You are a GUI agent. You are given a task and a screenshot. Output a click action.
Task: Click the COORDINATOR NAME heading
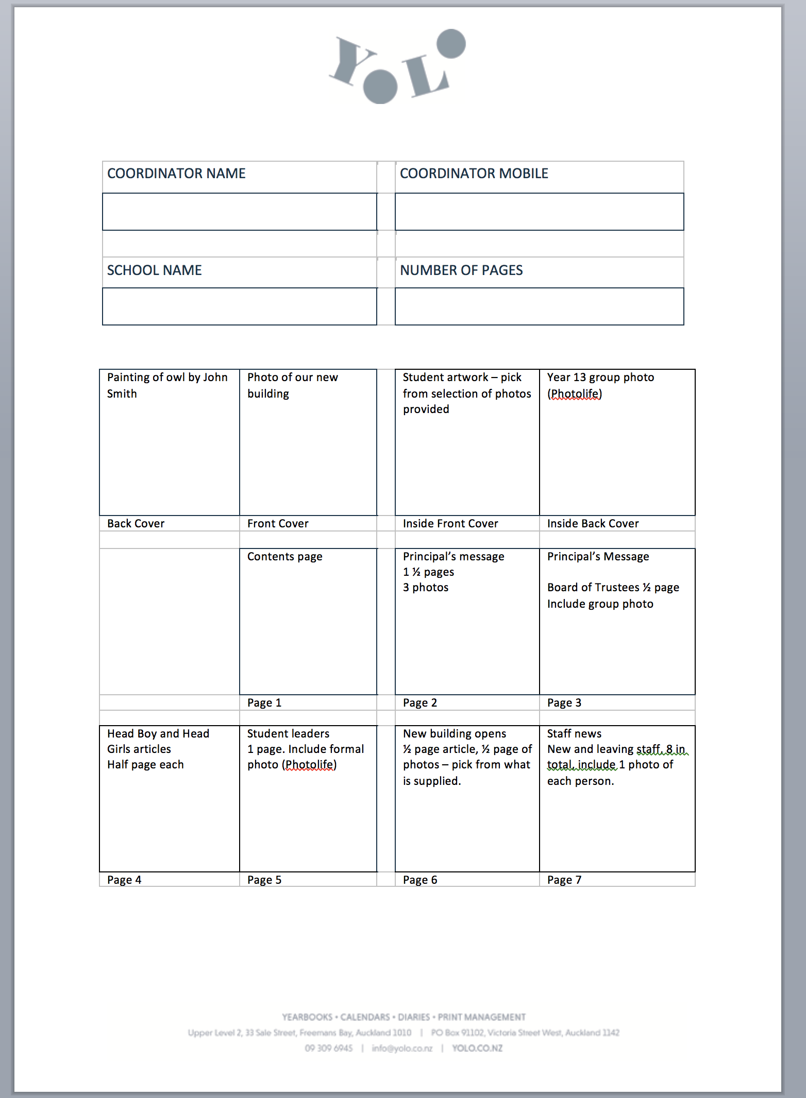point(176,174)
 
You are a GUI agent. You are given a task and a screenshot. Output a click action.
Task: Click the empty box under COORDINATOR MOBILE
point(539,212)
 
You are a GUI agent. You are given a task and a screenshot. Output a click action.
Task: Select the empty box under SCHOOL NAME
point(240,306)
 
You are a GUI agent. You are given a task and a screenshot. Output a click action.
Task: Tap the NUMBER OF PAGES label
point(461,270)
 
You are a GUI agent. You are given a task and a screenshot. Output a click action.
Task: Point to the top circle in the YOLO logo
point(451,44)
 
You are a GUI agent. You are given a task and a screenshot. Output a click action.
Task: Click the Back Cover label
point(136,524)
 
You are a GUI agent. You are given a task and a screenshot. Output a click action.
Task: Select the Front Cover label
point(278,524)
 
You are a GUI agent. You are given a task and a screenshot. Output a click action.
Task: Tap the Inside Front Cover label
point(450,524)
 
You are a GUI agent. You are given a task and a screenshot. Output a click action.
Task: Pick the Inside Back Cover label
point(593,524)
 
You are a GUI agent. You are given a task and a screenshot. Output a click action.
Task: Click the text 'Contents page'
point(284,557)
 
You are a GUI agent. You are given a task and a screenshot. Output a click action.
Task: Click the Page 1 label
point(264,703)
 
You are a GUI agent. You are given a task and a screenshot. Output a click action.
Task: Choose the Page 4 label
point(124,880)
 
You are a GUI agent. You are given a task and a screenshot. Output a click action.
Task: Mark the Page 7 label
point(564,880)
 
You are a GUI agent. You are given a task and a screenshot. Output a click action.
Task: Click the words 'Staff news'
point(574,734)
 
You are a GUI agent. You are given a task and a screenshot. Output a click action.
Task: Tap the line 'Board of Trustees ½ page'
point(613,588)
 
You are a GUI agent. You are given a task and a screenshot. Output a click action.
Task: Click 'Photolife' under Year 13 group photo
point(575,394)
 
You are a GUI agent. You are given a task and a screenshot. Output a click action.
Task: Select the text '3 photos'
point(426,588)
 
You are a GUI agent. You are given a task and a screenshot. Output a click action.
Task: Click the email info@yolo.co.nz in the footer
point(402,1049)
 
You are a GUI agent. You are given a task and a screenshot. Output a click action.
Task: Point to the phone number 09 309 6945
point(329,1049)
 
